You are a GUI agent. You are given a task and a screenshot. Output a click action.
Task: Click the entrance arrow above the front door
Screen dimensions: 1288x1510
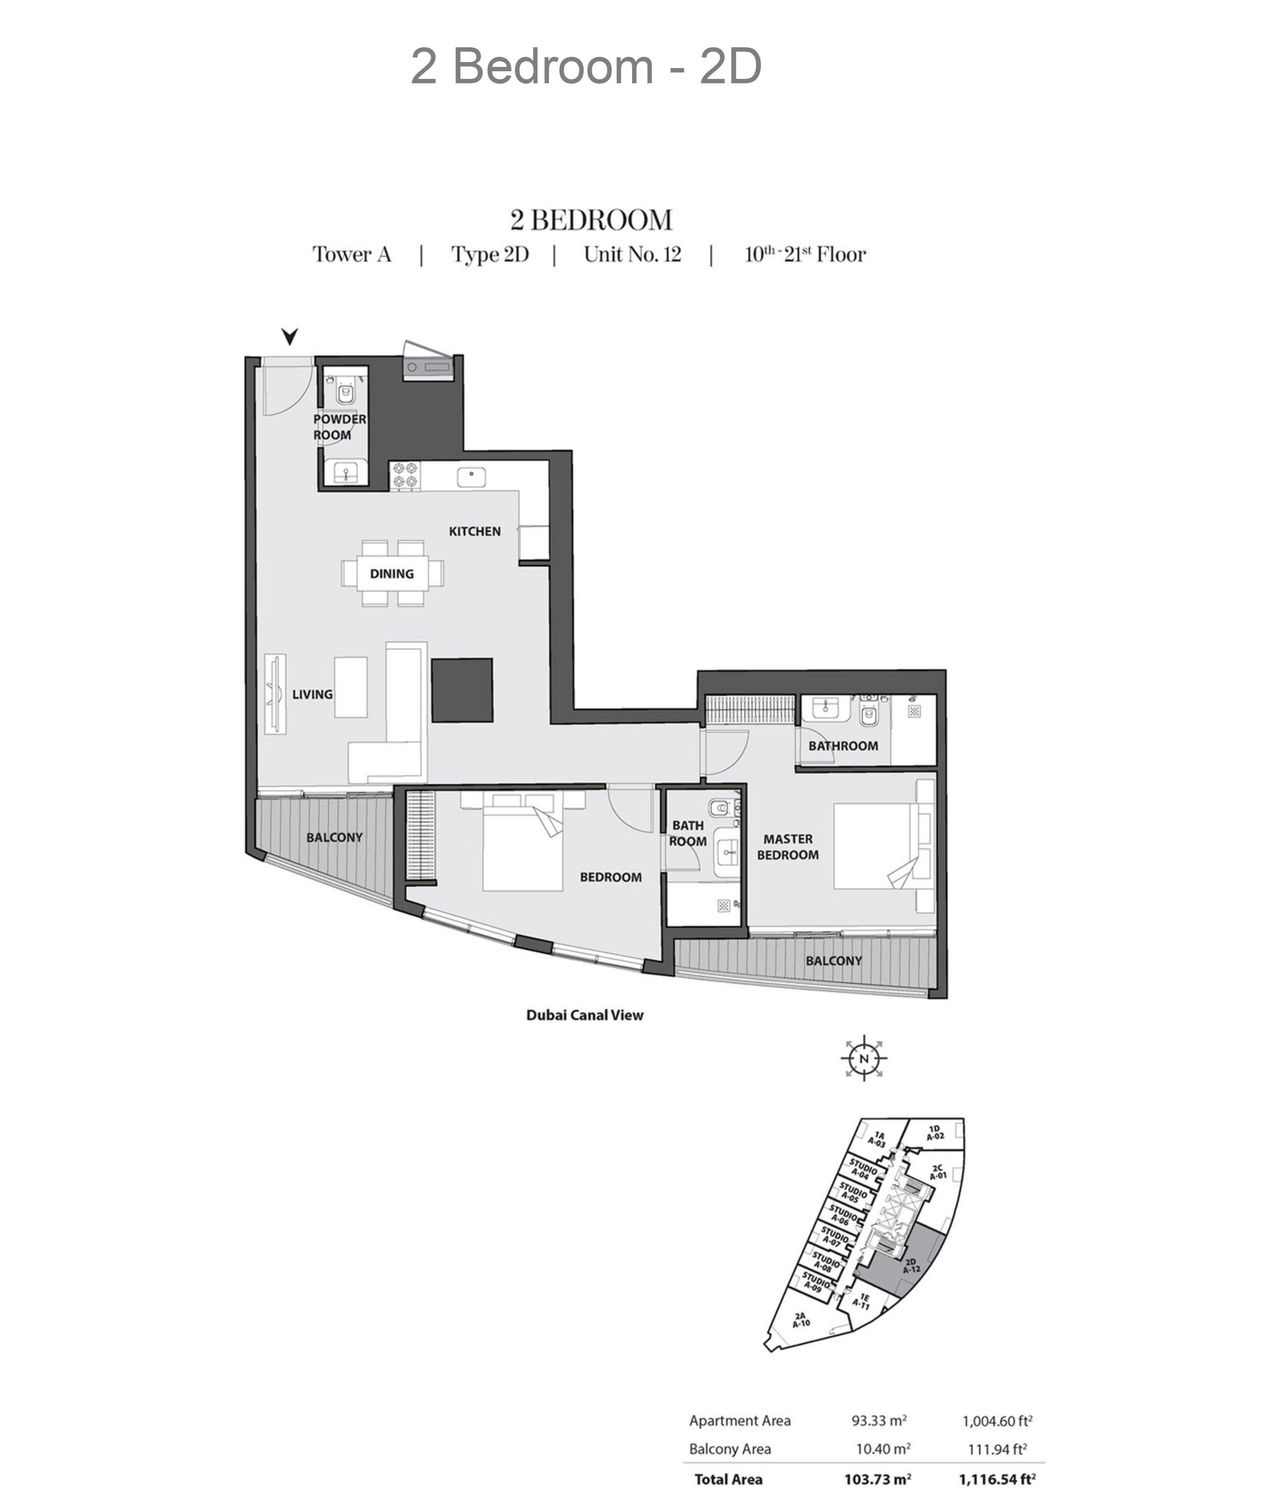coord(290,336)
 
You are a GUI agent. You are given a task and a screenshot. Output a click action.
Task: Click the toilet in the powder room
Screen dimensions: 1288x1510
coord(344,391)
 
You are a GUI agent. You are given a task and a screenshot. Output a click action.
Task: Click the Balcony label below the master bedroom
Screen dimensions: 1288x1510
coord(834,961)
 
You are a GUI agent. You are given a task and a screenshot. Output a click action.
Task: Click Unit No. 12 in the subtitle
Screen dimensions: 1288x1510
coord(632,254)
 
